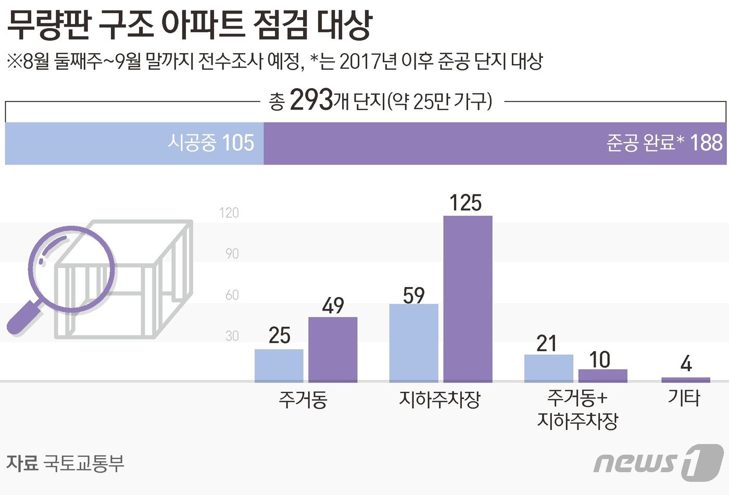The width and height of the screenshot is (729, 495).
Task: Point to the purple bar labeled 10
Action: pyautogui.click(x=602, y=375)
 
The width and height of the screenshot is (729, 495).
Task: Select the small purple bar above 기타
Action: pyautogui.click(x=685, y=379)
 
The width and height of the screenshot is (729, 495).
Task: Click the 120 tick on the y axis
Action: pyautogui.click(x=229, y=213)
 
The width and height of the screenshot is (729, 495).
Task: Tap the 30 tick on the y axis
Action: pyautogui.click(x=232, y=336)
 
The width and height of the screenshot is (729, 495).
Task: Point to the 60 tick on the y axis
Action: pyautogui.click(x=232, y=295)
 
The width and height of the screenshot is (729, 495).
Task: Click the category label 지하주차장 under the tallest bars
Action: pyautogui.click(x=439, y=400)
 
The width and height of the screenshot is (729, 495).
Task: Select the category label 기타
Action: pyautogui.click(x=684, y=398)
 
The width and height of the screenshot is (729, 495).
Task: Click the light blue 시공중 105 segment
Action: pyautogui.click(x=134, y=143)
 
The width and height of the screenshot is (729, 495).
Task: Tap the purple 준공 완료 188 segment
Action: pyautogui.click(x=495, y=143)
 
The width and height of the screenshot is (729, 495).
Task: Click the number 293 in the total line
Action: pyautogui.click(x=311, y=100)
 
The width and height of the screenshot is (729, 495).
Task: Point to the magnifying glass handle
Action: pyautogui.click(x=23, y=318)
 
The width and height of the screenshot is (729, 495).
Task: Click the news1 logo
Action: pyautogui.click(x=658, y=462)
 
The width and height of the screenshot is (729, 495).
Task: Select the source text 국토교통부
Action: pyautogui.click(x=84, y=463)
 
